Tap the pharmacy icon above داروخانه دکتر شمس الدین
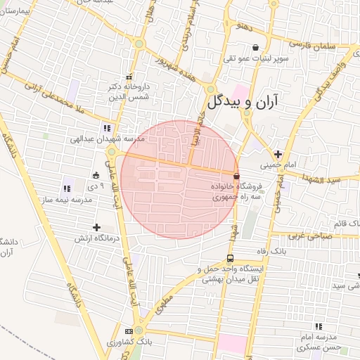128,77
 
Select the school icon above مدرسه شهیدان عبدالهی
106,128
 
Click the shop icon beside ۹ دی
96,175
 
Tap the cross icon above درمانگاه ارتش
96,226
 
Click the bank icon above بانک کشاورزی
129,330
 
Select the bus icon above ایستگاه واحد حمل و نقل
231,257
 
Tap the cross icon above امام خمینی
278,154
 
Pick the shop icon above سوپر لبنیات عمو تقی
245,47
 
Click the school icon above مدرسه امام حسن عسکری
319,326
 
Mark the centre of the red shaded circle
179,179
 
